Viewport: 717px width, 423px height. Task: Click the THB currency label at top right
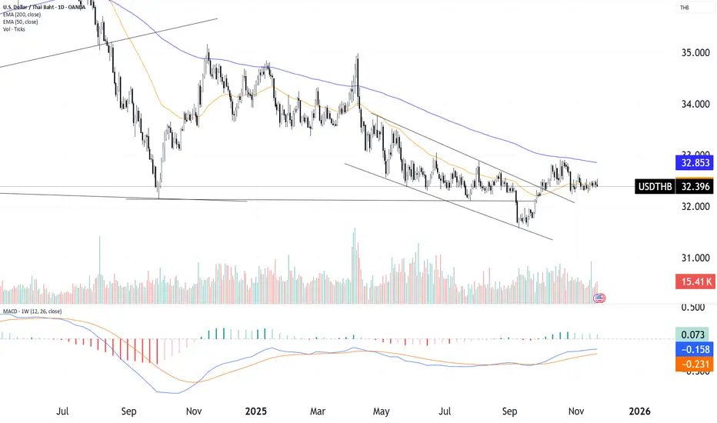683,8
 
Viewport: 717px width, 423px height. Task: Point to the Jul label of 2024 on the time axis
64,412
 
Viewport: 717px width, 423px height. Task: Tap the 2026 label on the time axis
639,412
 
